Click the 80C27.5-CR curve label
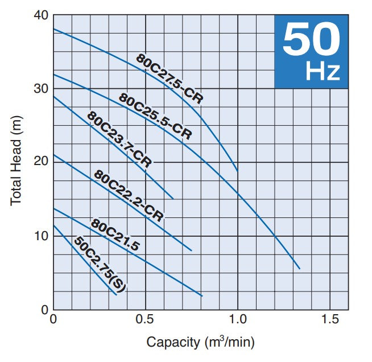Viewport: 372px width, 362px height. click(x=169, y=78)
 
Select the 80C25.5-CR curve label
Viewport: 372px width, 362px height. click(x=155, y=116)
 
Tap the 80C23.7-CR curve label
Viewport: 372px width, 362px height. click(x=119, y=139)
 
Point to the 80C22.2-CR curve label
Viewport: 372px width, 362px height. click(x=129, y=196)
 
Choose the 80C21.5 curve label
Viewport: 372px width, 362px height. click(x=114, y=235)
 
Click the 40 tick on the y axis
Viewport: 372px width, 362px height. click(x=40, y=15)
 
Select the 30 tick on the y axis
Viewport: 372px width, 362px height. click(x=40, y=89)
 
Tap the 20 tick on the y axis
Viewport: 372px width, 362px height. click(x=40, y=162)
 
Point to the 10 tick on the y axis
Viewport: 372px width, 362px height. click(x=40, y=236)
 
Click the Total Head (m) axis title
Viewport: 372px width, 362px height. click(x=16, y=162)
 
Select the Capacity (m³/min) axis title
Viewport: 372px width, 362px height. click(x=200, y=343)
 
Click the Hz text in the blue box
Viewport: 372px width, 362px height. click(x=323, y=72)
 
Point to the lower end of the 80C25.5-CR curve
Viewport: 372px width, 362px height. click(x=299, y=269)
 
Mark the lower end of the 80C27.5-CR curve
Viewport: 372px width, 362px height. click(x=237, y=171)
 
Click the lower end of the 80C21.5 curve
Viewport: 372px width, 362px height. click(x=202, y=296)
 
